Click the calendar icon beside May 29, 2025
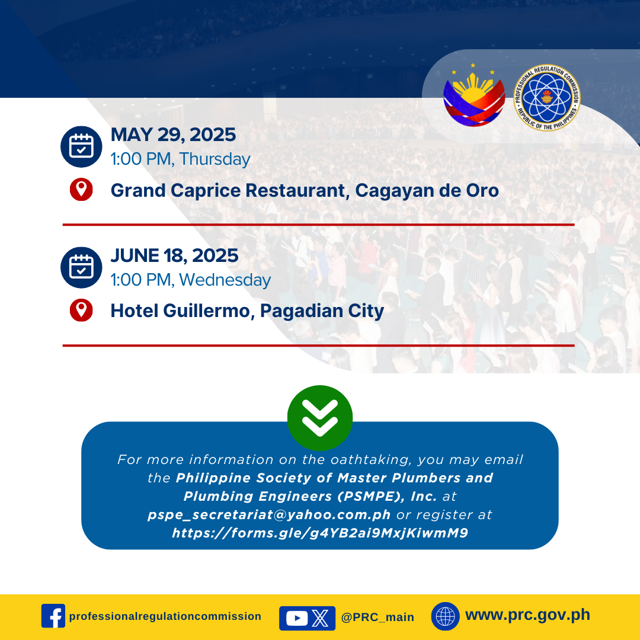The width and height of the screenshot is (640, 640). point(81,146)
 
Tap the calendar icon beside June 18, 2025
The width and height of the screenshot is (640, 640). point(81,267)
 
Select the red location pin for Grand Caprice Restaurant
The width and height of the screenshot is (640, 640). point(81,190)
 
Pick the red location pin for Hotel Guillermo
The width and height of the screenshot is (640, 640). point(81,310)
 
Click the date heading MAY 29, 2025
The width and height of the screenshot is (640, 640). point(173,135)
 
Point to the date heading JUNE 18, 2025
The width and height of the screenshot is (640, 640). point(174,255)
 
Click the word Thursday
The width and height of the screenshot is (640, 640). point(215,159)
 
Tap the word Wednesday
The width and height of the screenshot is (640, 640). point(225,280)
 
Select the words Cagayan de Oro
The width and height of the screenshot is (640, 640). point(427,191)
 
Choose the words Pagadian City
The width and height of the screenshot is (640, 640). point(322,311)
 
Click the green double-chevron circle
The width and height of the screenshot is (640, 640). point(320,418)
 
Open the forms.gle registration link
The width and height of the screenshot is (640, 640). point(320,533)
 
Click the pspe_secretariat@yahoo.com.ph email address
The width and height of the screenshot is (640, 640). point(270,515)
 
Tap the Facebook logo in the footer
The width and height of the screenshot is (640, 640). point(53,616)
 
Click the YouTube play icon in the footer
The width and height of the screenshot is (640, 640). point(297,618)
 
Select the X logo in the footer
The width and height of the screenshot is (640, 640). point(321,618)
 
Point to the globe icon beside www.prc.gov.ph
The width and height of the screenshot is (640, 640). point(445,616)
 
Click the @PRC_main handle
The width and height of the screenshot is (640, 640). point(377,617)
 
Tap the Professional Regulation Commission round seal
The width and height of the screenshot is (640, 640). point(547,98)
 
